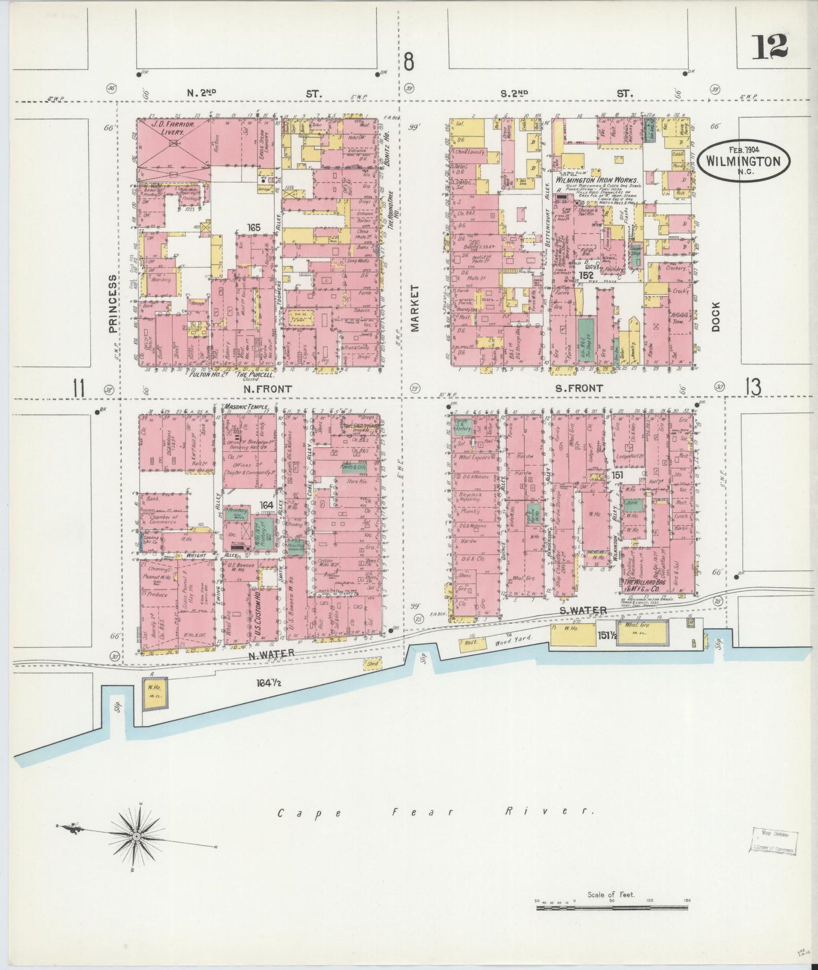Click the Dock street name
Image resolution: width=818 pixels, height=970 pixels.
coord(716,317)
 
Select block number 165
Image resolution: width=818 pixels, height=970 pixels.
coord(253,228)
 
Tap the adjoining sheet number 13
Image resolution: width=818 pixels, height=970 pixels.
coord(753,388)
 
